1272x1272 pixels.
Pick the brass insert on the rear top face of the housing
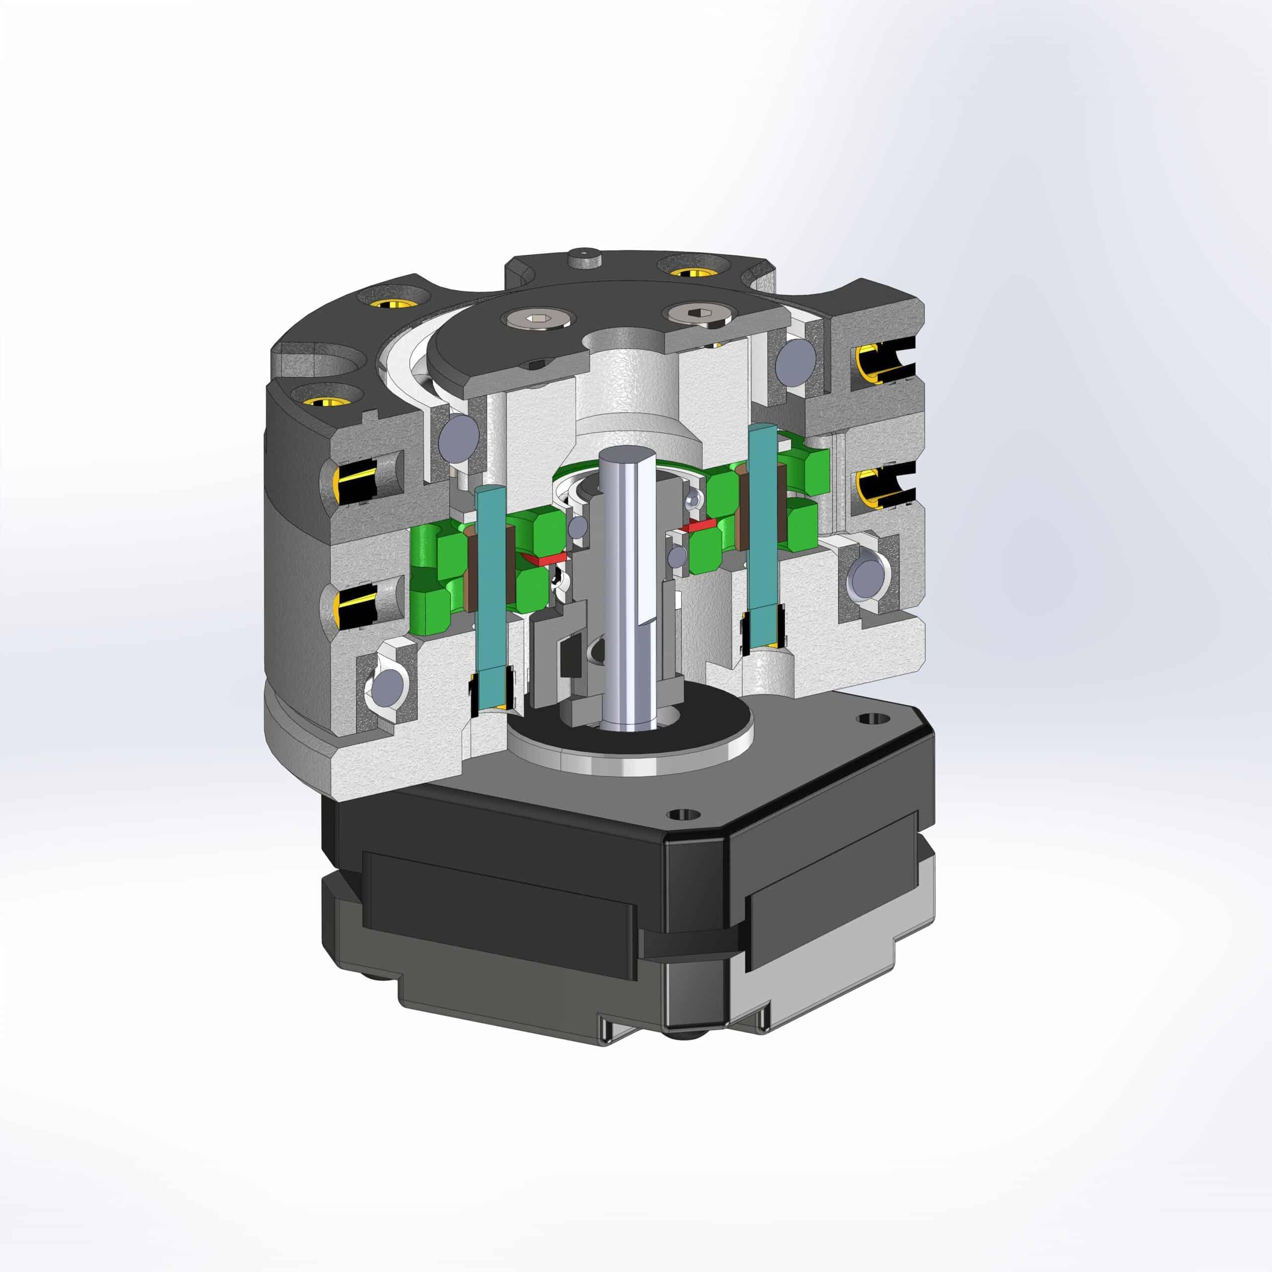point(691,271)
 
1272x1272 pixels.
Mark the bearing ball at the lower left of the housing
point(387,689)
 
